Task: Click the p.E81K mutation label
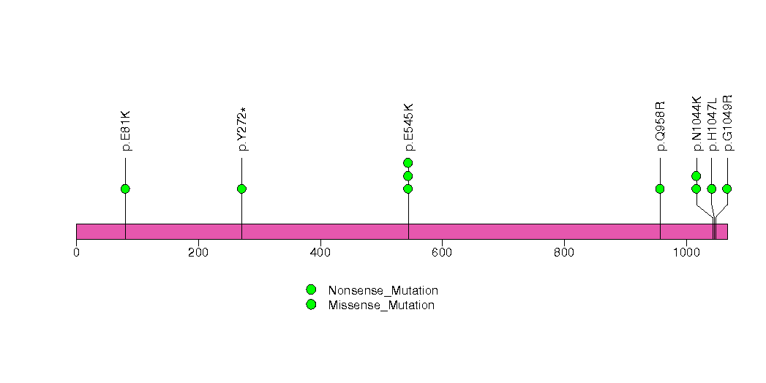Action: (x=126, y=131)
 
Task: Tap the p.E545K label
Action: (x=409, y=127)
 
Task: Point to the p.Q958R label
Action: (x=661, y=126)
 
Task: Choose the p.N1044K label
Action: (x=696, y=124)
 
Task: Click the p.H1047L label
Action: (x=713, y=124)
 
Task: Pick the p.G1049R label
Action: (x=728, y=123)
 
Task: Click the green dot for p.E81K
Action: (x=126, y=189)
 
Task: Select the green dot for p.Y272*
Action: (x=242, y=189)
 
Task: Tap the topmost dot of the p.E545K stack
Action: (x=408, y=163)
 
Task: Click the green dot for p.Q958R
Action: (x=660, y=189)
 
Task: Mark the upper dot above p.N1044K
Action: (x=696, y=176)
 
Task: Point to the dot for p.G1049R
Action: (x=727, y=189)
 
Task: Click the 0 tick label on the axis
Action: (x=76, y=253)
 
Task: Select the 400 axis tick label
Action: (x=320, y=253)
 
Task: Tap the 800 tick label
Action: (x=564, y=253)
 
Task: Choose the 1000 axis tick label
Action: (x=686, y=253)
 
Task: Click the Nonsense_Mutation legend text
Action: (x=383, y=291)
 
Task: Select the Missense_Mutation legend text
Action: (x=381, y=306)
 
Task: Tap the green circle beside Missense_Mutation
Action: (x=311, y=305)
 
